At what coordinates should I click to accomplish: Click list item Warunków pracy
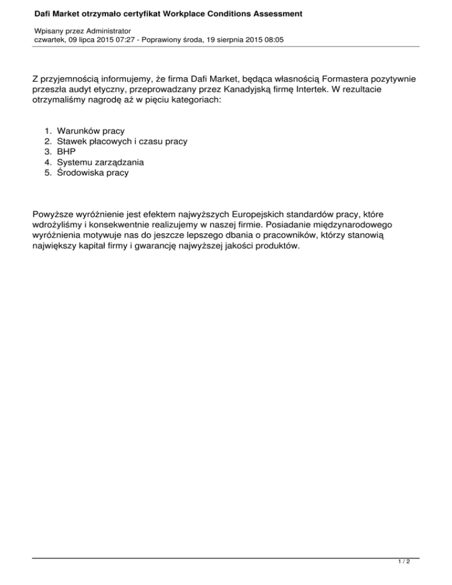91,131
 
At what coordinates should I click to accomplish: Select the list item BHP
67,152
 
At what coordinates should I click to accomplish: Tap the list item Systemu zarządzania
100,162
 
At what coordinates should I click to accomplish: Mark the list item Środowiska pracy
92,173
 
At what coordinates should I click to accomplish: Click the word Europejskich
253,214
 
